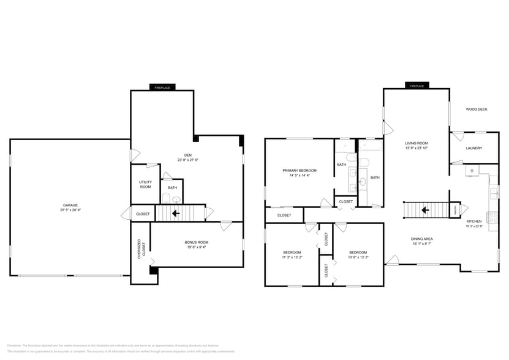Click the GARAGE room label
click(x=70, y=205)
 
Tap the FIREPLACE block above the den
click(x=162, y=88)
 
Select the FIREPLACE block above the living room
click(x=417, y=86)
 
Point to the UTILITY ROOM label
click(x=145, y=185)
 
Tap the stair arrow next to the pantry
click(x=424, y=210)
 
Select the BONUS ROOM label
click(x=197, y=242)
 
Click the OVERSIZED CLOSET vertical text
click(x=140, y=249)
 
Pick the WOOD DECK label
click(x=476, y=110)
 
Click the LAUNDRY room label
click(x=473, y=148)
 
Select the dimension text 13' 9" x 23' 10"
click(x=417, y=148)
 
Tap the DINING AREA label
click(x=422, y=239)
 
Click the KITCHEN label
click(x=474, y=221)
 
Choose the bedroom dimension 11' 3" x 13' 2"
click(x=292, y=258)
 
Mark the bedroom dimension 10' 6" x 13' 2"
click(x=358, y=258)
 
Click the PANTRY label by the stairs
click(x=455, y=210)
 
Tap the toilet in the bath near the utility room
click(x=166, y=198)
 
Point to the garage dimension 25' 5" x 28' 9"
click(x=70, y=210)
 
